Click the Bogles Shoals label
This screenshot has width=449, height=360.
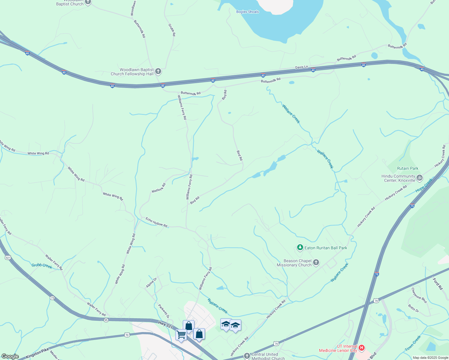point(247,12)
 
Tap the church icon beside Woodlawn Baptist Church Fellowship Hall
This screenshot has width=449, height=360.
point(158,72)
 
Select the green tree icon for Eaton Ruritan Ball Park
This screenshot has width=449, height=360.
point(300,248)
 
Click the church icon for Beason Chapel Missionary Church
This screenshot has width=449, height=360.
point(316,263)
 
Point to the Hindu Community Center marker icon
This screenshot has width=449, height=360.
point(420,178)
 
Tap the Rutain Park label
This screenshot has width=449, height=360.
point(408,169)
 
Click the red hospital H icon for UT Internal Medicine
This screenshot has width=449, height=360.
point(362,348)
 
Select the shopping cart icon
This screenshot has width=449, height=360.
point(181,334)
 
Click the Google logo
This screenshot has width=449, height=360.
point(10,356)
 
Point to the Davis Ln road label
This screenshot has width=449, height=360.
point(301,67)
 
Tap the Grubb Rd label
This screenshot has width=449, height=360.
point(172,30)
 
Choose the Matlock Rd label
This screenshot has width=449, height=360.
point(158,188)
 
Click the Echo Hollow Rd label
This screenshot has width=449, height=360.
point(156,222)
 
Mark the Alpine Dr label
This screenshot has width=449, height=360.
point(152,283)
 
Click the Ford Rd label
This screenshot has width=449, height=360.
point(438,284)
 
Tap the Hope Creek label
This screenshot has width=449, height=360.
point(424,185)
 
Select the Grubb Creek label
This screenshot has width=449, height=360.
point(42,265)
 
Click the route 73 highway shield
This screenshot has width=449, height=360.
point(53,298)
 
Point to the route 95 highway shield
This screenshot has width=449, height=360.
point(106,320)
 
